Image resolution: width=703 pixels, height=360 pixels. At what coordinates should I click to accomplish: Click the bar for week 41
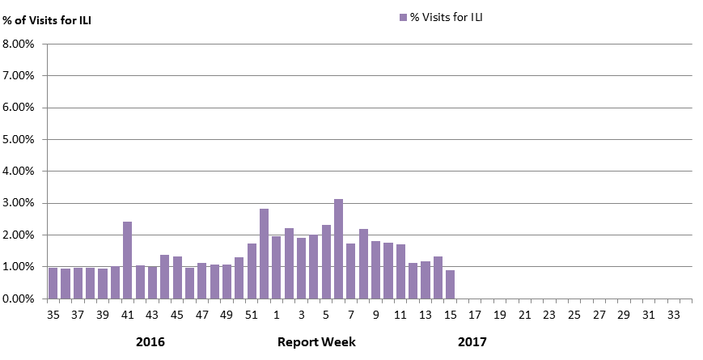[127, 260]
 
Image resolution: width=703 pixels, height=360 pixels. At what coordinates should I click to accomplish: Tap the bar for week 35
[53, 283]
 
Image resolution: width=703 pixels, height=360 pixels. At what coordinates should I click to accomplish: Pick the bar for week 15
[450, 284]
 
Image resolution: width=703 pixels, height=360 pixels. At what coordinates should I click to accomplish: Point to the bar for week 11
[400, 271]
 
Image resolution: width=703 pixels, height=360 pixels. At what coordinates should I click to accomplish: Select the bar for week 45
[177, 277]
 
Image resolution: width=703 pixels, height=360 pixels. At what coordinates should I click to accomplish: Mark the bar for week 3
[301, 268]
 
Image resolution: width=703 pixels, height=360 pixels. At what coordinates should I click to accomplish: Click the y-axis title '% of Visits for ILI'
[47, 20]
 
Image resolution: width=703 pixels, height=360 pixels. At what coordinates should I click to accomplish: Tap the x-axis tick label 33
[673, 315]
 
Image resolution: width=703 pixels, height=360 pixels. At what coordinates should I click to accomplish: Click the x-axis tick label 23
[549, 315]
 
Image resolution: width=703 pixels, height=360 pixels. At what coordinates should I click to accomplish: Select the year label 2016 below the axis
[150, 342]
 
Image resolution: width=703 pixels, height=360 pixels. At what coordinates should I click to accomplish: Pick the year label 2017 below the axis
[472, 342]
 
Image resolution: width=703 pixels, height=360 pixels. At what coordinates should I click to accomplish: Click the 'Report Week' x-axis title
[316, 342]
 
